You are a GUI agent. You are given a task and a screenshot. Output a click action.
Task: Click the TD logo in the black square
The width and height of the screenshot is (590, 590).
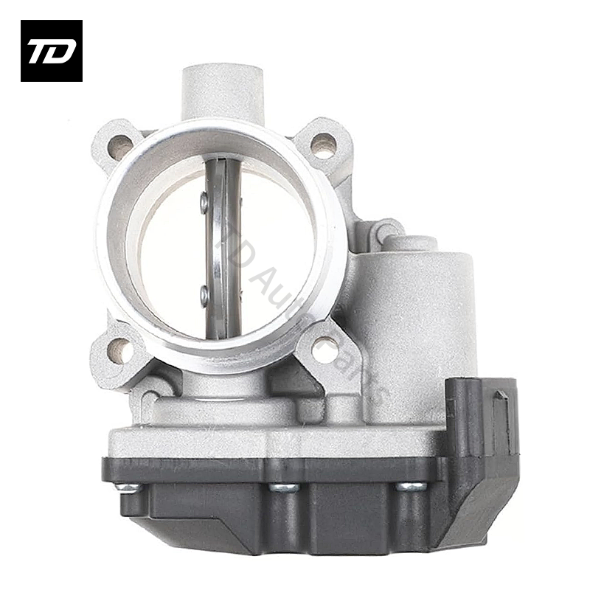pyautogui.click(x=51, y=50)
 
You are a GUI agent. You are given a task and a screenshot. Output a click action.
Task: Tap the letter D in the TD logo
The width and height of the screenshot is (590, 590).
pyautogui.click(x=60, y=51)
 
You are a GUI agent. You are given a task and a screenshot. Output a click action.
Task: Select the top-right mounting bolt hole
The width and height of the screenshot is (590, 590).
pyautogui.click(x=322, y=145)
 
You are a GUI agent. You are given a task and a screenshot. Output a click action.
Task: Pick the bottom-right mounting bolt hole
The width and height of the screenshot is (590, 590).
pyautogui.click(x=324, y=349)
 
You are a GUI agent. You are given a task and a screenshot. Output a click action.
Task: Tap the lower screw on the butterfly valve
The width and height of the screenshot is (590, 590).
pyautogui.click(x=204, y=295)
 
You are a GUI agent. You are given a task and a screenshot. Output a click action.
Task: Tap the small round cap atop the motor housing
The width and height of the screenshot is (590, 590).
pyautogui.click(x=410, y=243)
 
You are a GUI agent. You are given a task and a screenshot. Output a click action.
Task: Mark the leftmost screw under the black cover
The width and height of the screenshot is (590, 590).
pyautogui.click(x=127, y=487)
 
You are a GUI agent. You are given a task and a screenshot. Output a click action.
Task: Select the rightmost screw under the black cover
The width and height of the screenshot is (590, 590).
pyautogui.click(x=410, y=487)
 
